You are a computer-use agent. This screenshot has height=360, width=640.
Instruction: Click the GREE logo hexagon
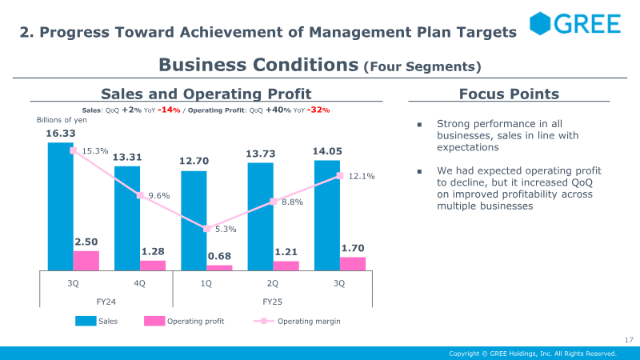540,23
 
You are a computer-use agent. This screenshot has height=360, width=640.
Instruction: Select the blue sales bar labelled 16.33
61,206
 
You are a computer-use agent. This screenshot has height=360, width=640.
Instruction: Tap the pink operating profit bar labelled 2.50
86,261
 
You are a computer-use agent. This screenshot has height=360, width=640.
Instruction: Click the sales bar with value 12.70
194,221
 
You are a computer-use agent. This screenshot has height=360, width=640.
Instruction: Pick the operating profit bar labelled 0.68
219,268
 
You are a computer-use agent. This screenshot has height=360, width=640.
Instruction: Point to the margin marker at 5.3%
207,229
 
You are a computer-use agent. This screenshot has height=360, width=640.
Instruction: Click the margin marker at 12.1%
340,176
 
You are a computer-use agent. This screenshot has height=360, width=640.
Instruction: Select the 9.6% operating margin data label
159,196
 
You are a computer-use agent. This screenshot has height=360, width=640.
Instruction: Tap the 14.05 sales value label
327,151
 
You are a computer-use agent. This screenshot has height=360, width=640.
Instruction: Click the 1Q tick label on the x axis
206,283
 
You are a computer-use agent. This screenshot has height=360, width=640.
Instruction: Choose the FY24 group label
106,302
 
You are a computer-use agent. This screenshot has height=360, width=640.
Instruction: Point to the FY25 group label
272,302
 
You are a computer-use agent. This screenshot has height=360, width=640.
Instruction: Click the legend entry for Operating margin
297,322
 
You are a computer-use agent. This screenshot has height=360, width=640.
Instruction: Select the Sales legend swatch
86,322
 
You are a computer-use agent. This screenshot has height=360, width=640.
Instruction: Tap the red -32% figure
318,110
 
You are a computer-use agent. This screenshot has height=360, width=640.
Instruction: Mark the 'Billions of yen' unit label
62,120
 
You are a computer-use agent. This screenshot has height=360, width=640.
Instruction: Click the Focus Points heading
509,94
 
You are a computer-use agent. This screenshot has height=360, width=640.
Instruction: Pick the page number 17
629,339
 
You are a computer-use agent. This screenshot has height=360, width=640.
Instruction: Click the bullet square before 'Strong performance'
419,125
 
